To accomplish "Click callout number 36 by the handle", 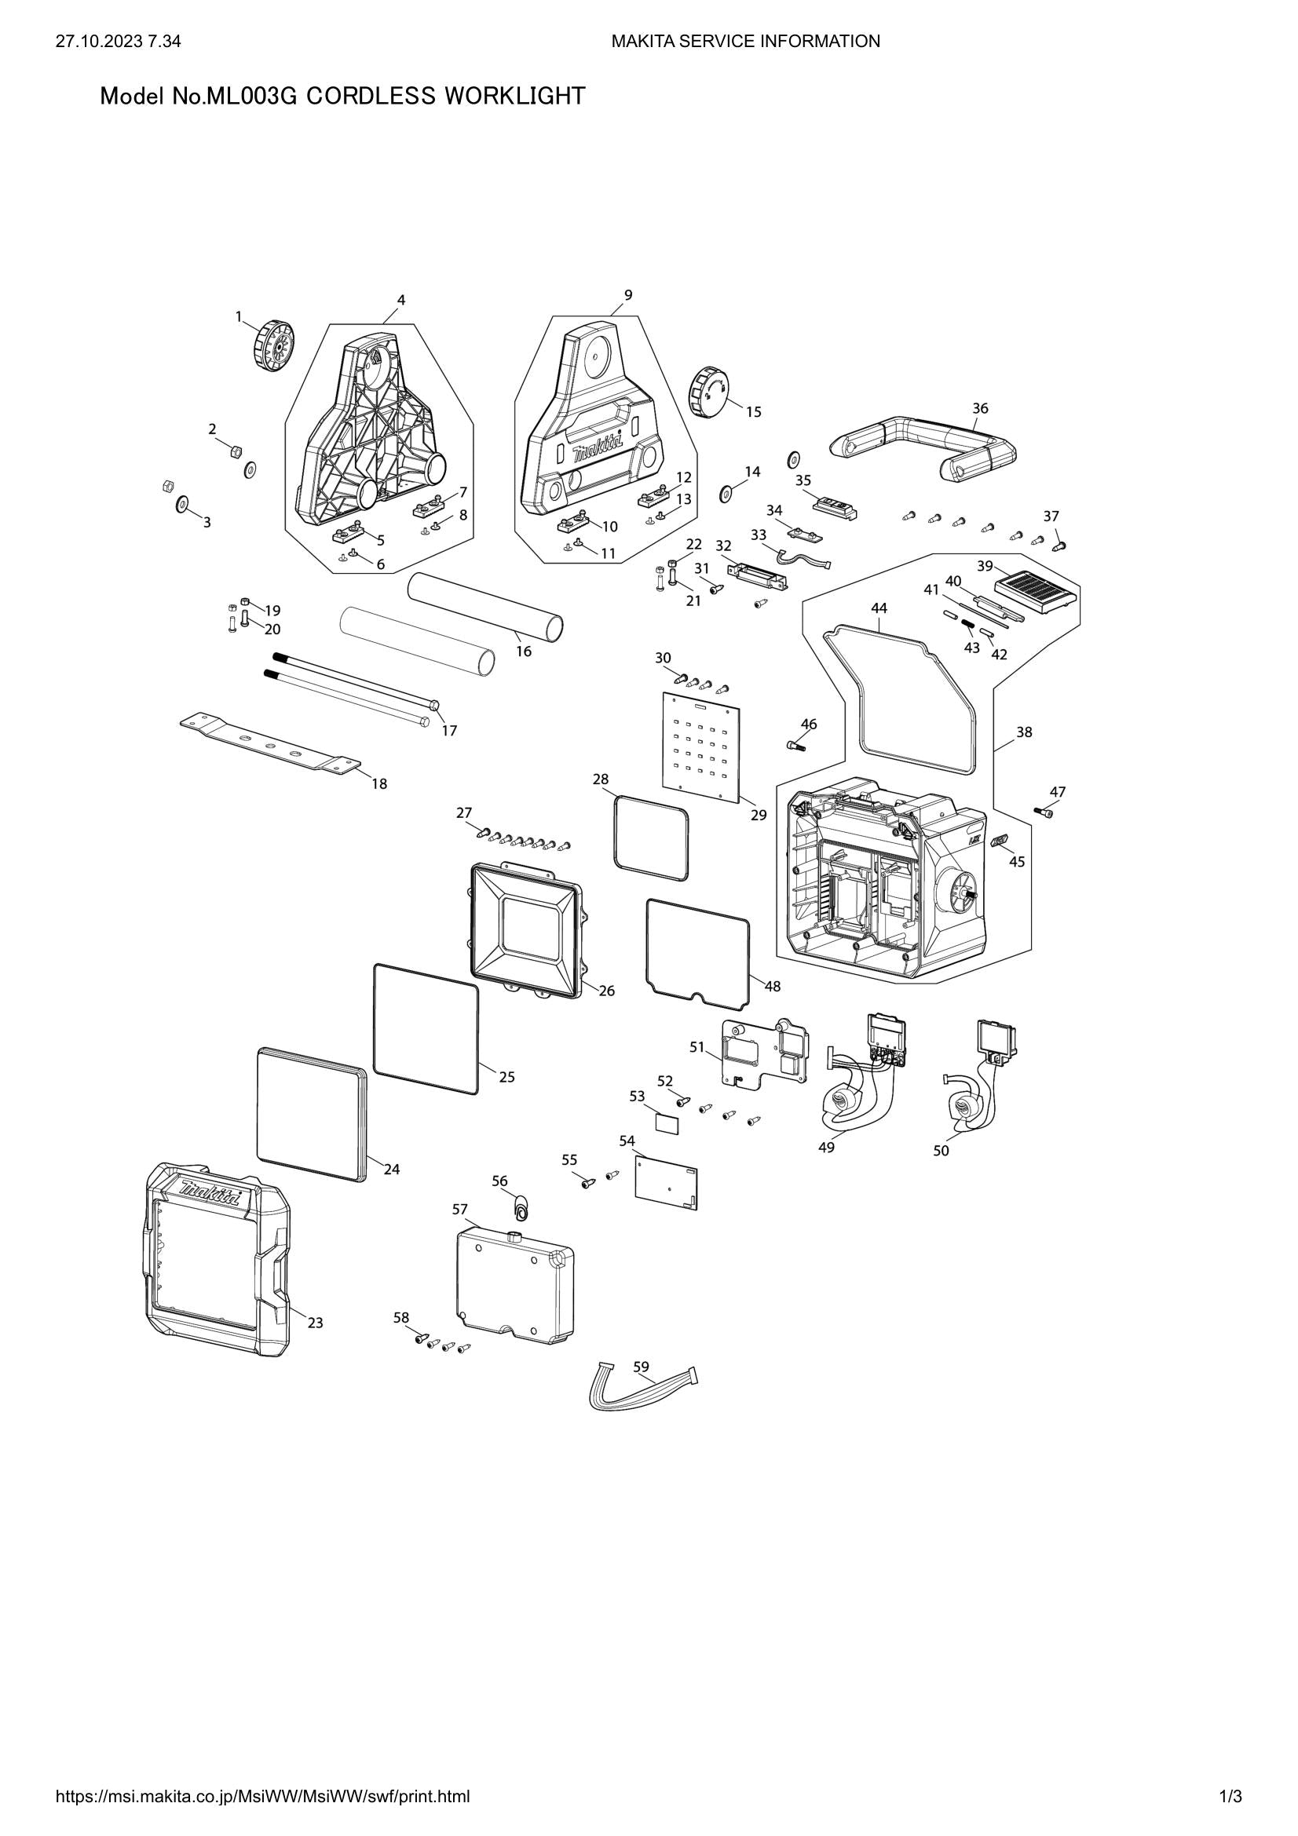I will pos(980,408).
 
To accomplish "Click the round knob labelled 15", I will pos(709,389).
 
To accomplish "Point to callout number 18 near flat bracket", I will pos(379,783).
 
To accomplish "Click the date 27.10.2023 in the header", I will pos(98,41).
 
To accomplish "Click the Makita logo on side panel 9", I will pos(593,452).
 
